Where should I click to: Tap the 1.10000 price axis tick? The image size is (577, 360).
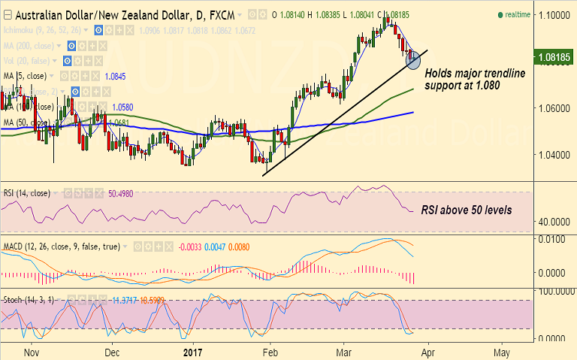coord(554,15)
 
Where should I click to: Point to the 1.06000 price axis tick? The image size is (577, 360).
coord(554,108)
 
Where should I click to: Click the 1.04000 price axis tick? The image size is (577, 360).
coord(554,155)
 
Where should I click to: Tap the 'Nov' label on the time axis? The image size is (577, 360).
coord(32,352)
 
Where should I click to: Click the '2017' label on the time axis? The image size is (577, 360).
coord(193,352)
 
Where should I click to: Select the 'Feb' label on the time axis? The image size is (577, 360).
coord(271,352)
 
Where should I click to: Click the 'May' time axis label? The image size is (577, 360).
coord(503,352)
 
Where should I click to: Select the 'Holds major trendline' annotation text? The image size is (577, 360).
coord(475,74)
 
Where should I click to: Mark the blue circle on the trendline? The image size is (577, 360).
coord(412,59)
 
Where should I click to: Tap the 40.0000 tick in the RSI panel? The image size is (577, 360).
coord(554,222)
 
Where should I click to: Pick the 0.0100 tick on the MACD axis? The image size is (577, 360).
coord(554,239)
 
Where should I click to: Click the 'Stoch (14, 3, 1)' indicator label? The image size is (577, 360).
coord(29,299)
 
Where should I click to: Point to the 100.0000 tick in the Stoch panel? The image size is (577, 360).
coord(554,289)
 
